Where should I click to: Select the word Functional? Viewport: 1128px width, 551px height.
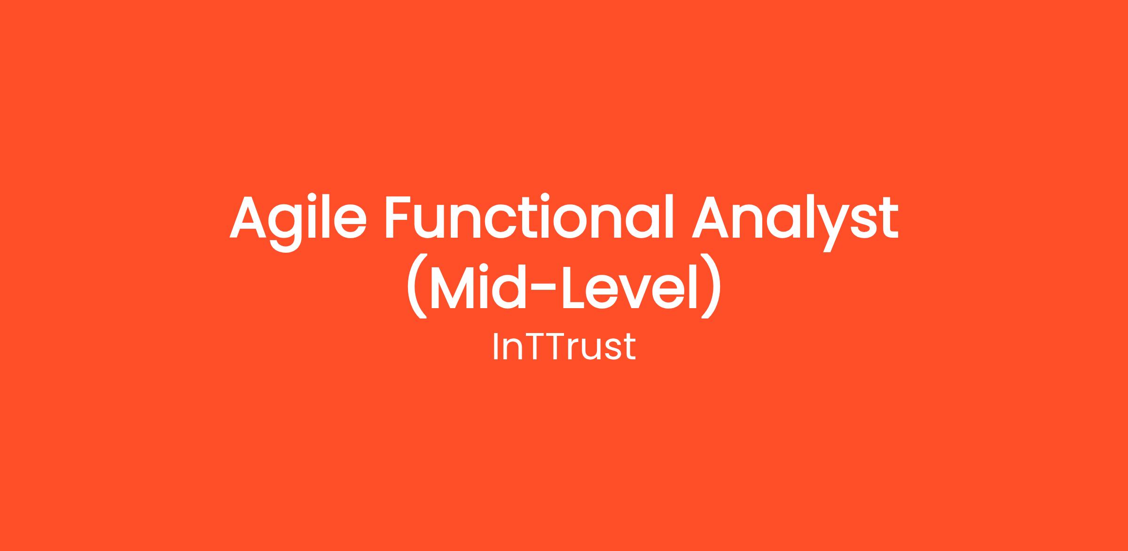tap(530, 217)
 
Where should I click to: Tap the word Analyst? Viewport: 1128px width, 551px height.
tap(795, 222)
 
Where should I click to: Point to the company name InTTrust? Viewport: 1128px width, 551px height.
tap(564, 347)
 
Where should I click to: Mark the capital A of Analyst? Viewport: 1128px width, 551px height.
tap(710, 217)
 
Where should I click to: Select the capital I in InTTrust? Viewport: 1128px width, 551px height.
tap(495, 347)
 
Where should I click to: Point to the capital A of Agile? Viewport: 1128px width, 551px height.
tap(248, 217)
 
